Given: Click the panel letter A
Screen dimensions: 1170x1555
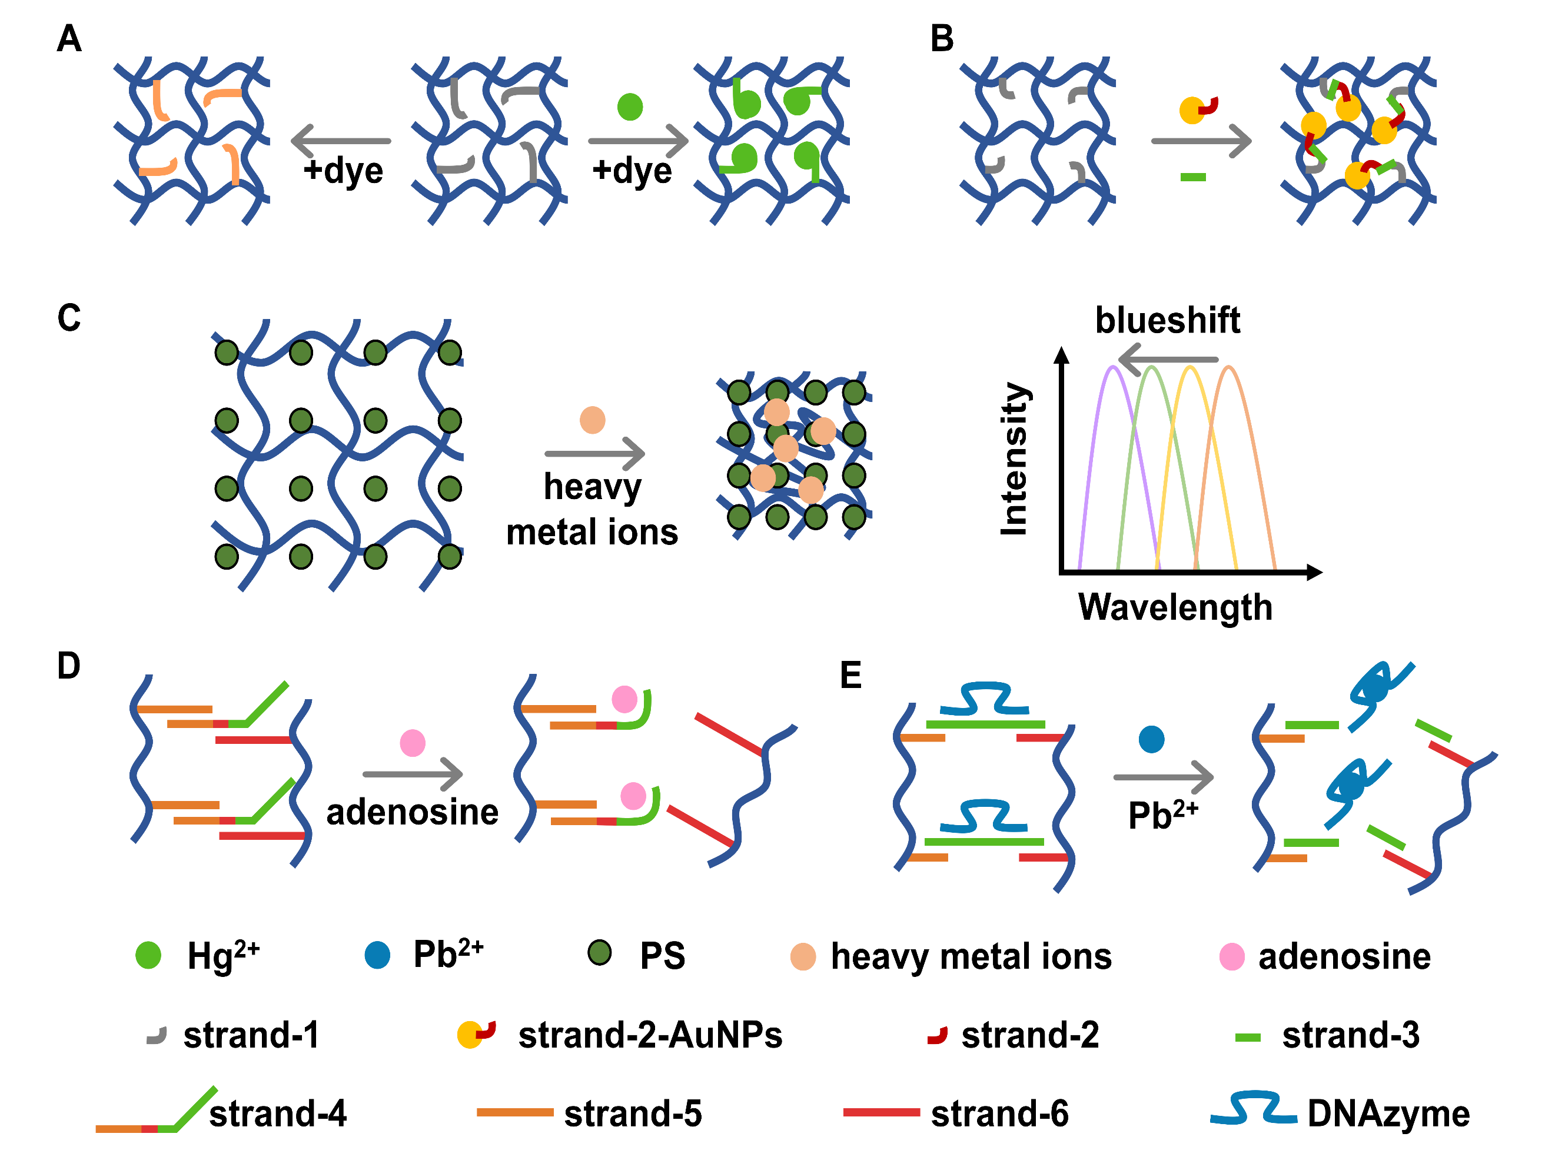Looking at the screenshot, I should point(69,39).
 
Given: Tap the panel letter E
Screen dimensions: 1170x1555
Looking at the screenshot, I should point(850,676).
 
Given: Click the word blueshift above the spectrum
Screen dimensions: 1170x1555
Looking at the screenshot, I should point(1167,321).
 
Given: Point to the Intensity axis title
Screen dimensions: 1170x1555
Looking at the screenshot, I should point(1015,459).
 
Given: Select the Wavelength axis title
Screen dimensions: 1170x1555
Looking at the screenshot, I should point(1175,607).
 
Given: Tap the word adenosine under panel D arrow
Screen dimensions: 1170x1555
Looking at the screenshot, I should point(413,813).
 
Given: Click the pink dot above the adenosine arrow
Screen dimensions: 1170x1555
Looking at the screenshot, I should point(413,743).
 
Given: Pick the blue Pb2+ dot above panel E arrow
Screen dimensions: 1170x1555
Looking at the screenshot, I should point(1151,739).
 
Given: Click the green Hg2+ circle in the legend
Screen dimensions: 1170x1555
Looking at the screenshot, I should point(148,956).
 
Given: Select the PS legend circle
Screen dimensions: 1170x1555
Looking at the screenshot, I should point(600,953).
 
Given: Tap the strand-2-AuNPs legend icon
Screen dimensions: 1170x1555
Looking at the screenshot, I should point(476,1034).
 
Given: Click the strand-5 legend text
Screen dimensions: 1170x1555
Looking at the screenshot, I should point(633,1114).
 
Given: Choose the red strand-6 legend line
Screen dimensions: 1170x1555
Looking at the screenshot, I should point(881,1112).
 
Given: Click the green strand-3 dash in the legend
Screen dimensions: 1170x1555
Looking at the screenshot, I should point(1248,1038).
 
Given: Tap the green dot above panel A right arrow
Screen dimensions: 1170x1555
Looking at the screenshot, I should point(630,107).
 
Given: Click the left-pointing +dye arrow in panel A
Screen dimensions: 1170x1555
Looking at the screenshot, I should point(341,141).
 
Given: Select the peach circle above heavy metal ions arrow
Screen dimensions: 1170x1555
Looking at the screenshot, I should point(593,420).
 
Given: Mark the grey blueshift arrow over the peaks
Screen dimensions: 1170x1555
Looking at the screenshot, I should point(1168,359).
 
